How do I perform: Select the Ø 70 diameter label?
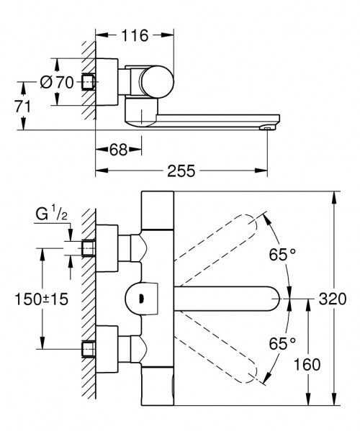coord(56,83)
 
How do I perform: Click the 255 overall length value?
coord(182,171)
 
